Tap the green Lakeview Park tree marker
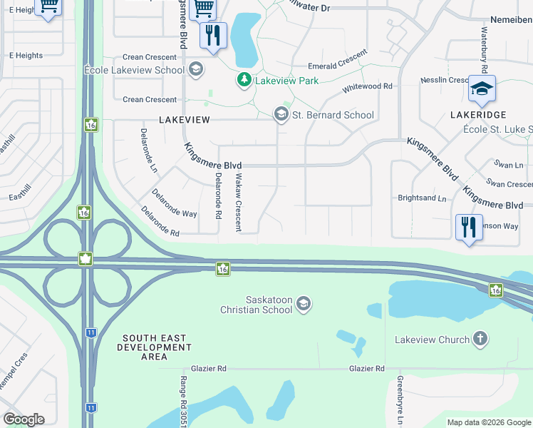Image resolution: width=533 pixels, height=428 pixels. pyautogui.click(x=244, y=80)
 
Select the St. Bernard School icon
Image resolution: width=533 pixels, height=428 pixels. pyautogui.click(x=281, y=114)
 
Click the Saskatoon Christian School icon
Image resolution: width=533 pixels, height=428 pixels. pyautogui.click(x=304, y=305)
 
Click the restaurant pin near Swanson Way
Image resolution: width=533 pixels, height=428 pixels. pyautogui.click(x=469, y=228)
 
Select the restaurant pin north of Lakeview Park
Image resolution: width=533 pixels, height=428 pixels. pyautogui.click(x=212, y=36)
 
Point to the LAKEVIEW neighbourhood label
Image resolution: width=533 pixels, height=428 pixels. pyautogui.click(x=184, y=120)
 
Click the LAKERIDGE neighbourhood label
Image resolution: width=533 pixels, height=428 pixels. pyautogui.click(x=478, y=114)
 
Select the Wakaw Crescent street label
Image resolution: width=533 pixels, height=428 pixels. pyautogui.click(x=239, y=202)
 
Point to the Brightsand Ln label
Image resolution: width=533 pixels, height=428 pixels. pyautogui.click(x=422, y=198)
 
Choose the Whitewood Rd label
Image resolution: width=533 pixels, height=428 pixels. pyautogui.click(x=368, y=86)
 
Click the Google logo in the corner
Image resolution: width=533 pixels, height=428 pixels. pyautogui.click(x=24, y=419)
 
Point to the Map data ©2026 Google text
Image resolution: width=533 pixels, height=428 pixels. pyautogui.click(x=488, y=422)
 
